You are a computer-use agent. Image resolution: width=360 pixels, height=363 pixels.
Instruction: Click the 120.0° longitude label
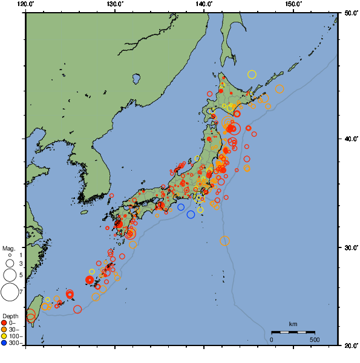(26, 4)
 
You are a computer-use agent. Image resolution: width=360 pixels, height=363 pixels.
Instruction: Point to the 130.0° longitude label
(115, 4)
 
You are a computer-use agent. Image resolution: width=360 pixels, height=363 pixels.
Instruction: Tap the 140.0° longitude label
(204, 4)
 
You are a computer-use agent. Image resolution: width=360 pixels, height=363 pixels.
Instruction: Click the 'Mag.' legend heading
(8, 248)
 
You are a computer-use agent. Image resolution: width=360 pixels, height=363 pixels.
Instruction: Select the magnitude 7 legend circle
(10, 292)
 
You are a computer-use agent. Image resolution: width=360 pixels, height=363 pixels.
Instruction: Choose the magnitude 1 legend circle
(10, 256)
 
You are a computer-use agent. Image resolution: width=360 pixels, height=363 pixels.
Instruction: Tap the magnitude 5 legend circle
(10, 275)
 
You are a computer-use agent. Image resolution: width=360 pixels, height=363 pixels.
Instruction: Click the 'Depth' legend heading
(10, 316)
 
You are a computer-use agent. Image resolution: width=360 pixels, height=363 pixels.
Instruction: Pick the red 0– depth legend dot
(5, 322)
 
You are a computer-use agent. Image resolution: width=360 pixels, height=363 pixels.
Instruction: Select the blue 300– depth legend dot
(5, 343)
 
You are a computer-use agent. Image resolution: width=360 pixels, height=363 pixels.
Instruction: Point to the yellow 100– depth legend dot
(5, 336)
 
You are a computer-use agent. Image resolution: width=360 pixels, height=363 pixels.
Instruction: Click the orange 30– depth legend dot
(5, 330)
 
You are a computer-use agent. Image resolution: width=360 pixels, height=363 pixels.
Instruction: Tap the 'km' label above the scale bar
(293, 324)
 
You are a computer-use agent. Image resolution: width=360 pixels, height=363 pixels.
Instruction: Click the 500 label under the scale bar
(315, 339)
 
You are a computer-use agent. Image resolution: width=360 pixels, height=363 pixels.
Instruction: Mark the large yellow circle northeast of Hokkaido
(252, 74)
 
